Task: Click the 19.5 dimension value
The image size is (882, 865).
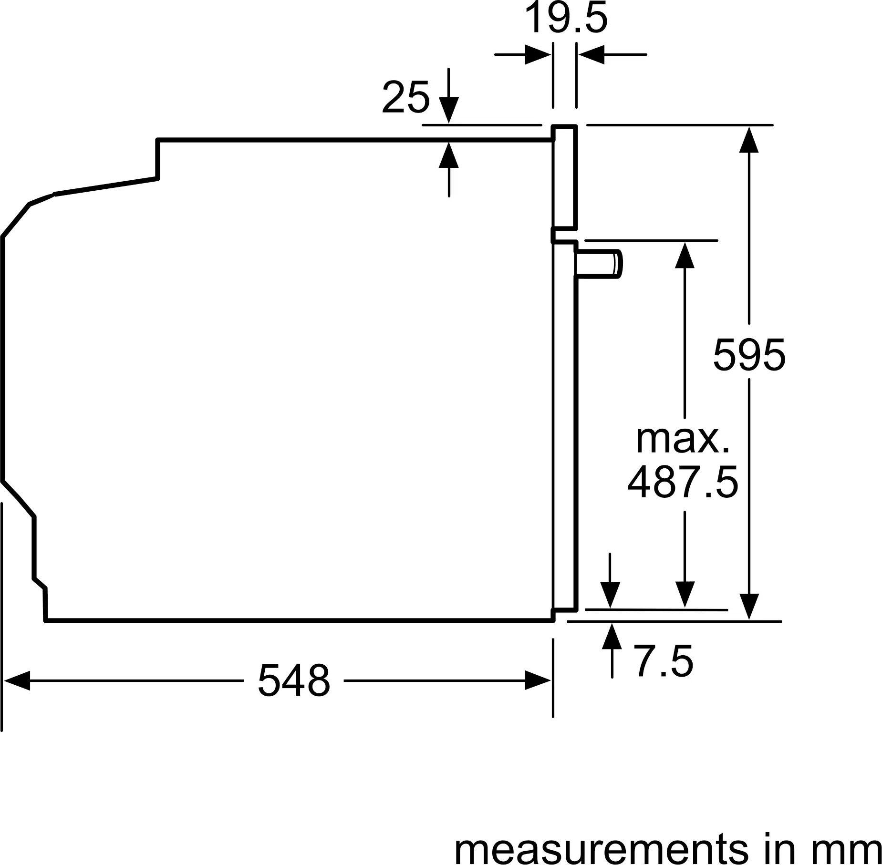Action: (x=566, y=18)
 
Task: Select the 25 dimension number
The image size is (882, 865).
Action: (x=405, y=98)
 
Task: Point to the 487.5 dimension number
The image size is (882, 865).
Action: (x=683, y=483)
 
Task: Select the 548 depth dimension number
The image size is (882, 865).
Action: (x=294, y=680)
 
